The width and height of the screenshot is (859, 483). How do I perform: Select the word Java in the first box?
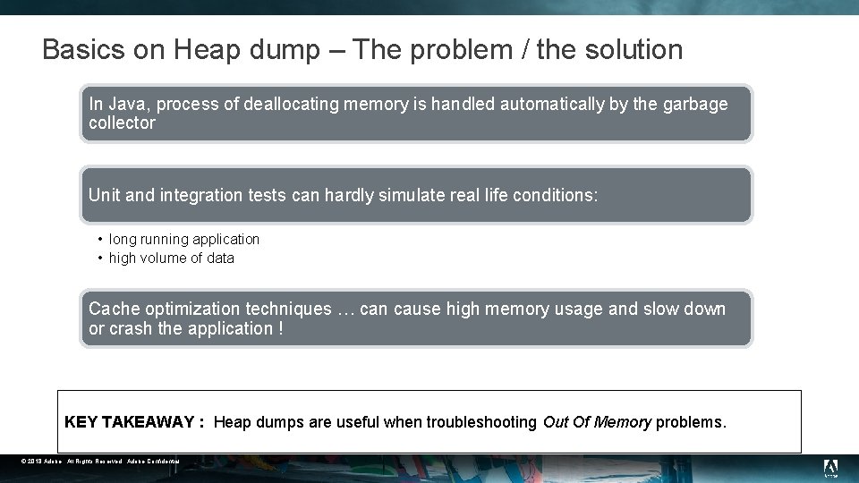[x=126, y=105]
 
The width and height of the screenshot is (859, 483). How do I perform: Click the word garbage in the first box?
[x=695, y=105]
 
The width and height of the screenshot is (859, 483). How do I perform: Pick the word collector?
[x=122, y=123]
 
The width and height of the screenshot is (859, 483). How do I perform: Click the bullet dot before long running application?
[x=100, y=240]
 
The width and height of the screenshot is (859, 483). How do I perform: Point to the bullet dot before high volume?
[x=100, y=258]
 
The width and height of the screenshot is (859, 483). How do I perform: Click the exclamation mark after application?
[x=280, y=329]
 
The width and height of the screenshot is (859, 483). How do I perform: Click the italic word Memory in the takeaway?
[x=625, y=422]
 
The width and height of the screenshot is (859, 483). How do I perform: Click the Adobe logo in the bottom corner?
[x=829, y=467]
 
